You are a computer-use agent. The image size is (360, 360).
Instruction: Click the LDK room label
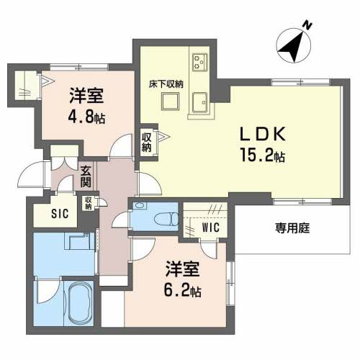pyautogui.click(x=263, y=134)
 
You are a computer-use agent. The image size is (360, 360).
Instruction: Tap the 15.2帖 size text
pyautogui.click(x=263, y=156)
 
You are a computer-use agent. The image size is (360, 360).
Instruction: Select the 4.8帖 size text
pyautogui.click(x=86, y=117)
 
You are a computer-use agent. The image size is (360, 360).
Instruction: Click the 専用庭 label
pyautogui.click(x=292, y=228)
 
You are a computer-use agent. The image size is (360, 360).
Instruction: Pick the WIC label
pyautogui.click(x=211, y=227)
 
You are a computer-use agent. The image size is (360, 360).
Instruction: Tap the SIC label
pyautogui.click(x=60, y=213)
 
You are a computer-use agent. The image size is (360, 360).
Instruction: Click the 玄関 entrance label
pyautogui.click(x=86, y=176)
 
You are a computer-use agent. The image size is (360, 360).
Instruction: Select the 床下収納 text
pyautogui.click(x=166, y=84)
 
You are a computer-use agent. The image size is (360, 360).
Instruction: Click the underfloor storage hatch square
pyautogui.click(x=170, y=102)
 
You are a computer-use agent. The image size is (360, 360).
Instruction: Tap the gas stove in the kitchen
pyautogui.click(x=199, y=62)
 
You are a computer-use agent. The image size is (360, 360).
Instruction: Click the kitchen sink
pyautogui.click(x=199, y=102)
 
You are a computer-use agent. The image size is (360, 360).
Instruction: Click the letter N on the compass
pyautogui.click(x=307, y=25)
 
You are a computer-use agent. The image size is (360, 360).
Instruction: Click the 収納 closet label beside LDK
pyautogui.click(x=146, y=143)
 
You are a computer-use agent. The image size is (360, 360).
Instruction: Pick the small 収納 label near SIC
pyautogui.click(x=89, y=203)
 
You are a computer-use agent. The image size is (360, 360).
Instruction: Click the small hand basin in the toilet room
pyautogui.click(x=140, y=206)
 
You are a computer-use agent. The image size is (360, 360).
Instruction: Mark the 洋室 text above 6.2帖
pyautogui.click(x=182, y=269)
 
